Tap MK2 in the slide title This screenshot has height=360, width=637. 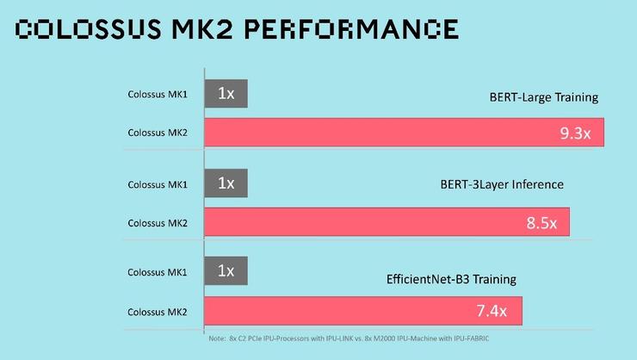[203, 30]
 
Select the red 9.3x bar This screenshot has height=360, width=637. [404, 133]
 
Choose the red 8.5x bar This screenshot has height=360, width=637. [387, 222]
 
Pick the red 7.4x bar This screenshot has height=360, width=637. [362, 310]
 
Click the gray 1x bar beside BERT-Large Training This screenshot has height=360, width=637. [226, 93]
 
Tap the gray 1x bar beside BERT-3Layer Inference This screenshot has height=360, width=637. [226, 183]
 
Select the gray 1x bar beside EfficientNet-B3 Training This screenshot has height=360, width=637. [226, 270]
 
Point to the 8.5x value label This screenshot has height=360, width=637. [541, 223]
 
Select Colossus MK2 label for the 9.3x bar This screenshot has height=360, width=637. [158, 133]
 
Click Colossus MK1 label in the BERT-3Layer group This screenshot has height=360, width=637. [158, 183]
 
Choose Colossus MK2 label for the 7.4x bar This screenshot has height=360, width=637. [158, 311]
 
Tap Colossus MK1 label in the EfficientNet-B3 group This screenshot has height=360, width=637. [158, 272]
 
